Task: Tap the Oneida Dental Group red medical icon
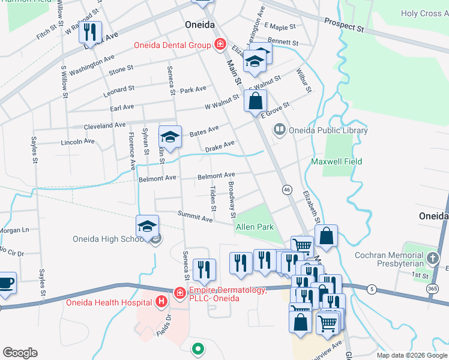click(x=220, y=44)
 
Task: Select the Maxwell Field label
click(x=336, y=161)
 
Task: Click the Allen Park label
click(x=255, y=227)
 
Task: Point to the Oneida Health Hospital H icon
click(x=161, y=301)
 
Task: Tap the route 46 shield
click(x=287, y=190)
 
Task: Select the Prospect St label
click(x=345, y=25)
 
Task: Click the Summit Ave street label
click(x=195, y=216)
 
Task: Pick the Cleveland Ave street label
click(x=104, y=126)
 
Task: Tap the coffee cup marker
click(x=5, y=283)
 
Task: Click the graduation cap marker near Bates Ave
click(x=170, y=137)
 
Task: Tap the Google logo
click(x=20, y=353)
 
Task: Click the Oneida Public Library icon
click(x=279, y=129)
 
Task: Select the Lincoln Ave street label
click(x=78, y=142)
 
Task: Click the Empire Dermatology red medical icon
click(x=179, y=292)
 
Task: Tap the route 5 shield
click(x=372, y=289)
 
